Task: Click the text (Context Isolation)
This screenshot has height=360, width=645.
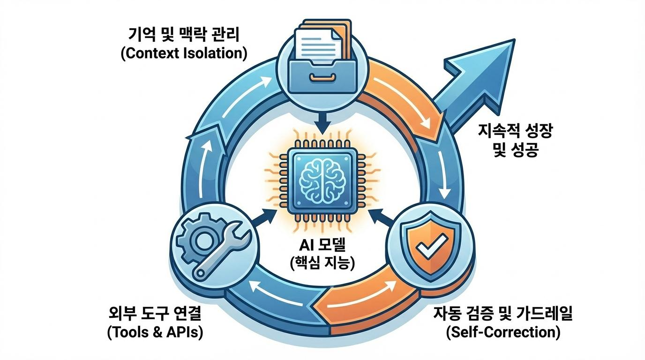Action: point(184,53)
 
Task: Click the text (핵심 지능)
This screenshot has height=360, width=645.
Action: point(322,262)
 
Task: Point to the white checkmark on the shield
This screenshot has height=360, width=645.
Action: point(429,248)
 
